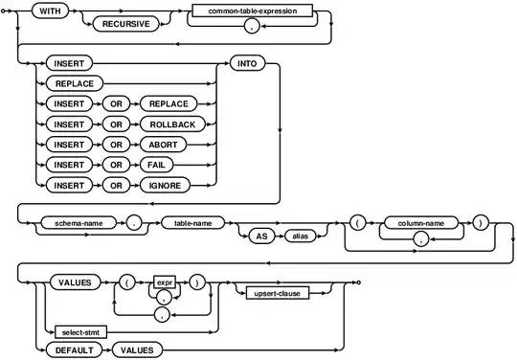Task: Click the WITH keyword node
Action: [46, 11]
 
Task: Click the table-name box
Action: [191, 222]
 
